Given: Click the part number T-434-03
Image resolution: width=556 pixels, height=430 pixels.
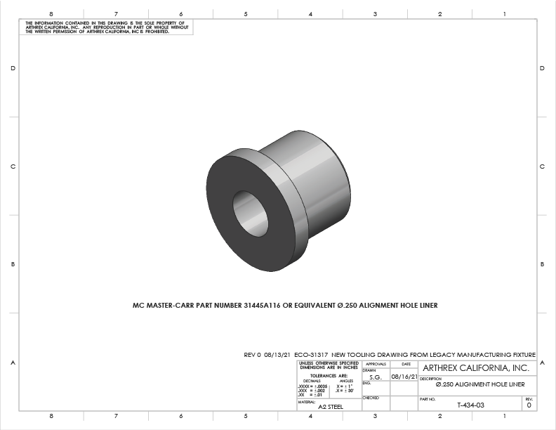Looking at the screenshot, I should [x=470, y=405].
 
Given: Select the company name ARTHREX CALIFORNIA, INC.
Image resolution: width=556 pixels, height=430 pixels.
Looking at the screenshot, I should [x=477, y=368].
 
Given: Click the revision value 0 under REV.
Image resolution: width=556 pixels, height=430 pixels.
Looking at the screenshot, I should [x=529, y=405].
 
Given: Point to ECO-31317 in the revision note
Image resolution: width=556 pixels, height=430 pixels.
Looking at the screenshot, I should [x=312, y=355].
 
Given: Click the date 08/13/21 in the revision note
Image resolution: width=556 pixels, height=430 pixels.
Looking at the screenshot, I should [x=278, y=355].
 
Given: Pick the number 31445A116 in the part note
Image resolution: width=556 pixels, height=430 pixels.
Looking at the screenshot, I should [x=263, y=306].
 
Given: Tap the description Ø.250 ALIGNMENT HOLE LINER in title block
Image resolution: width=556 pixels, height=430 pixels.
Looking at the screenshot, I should [x=480, y=385].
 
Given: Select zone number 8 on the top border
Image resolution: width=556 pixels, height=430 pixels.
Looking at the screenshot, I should [x=52, y=14].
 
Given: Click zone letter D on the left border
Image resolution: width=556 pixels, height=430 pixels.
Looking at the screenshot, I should [x=13, y=68].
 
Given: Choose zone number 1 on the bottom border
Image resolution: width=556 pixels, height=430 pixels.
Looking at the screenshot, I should [x=504, y=416].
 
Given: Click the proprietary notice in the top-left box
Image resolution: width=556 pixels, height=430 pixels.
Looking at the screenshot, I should [x=105, y=27].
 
